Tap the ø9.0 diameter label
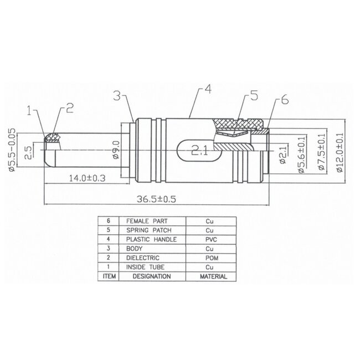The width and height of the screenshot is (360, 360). click(116, 149)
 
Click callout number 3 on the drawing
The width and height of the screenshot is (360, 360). click(116, 95)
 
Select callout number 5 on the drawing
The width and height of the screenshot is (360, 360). click(254, 96)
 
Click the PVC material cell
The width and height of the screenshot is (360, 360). click(209, 239)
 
